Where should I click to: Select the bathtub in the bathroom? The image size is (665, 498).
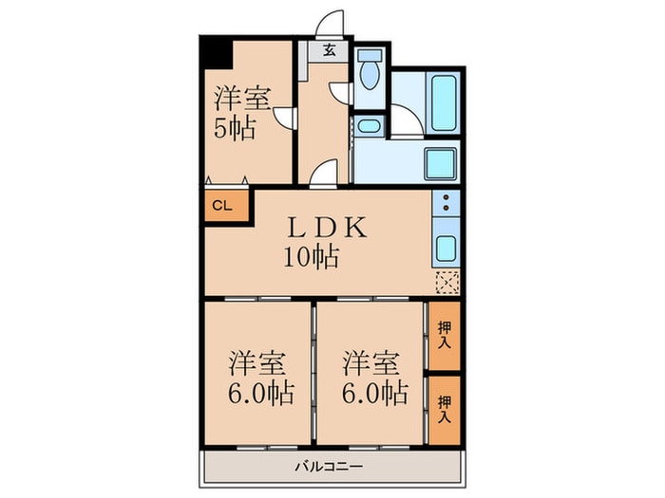pyautogui.click(x=444, y=101)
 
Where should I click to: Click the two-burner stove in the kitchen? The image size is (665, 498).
pyautogui.click(x=445, y=203)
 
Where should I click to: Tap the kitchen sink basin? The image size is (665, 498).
pyautogui.click(x=445, y=249)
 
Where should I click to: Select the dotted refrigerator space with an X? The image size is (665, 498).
pyautogui.click(x=446, y=282)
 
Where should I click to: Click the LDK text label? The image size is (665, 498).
pyautogui.click(x=323, y=229)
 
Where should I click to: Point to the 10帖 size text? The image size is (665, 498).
pyautogui.click(x=310, y=256)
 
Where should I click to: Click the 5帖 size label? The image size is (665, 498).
pyautogui.click(x=233, y=128)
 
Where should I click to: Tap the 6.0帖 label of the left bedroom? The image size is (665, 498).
pyautogui.click(x=259, y=391)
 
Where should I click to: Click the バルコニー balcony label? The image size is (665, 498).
pyautogui.click(x=328, y=466)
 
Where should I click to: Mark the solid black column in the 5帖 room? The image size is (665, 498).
pyautogui.click(x=217, y=52)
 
